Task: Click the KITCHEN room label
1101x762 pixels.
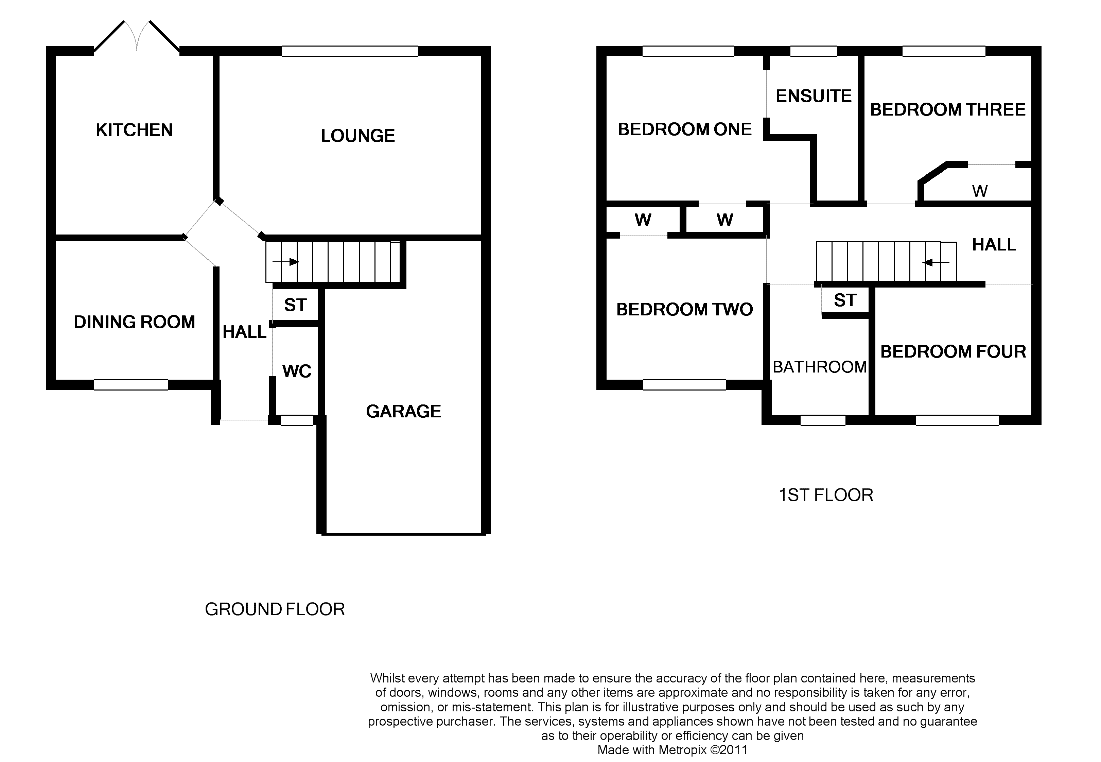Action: tap(134, 130)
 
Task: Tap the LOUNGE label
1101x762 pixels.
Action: tap(358, 136)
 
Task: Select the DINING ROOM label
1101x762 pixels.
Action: tap(135, 322)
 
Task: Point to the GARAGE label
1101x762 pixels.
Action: tap(403, 411)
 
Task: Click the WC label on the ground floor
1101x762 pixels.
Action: tap(297, 371)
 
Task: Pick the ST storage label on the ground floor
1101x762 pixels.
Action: tap(295, 305)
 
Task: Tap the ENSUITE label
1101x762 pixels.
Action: tap(814, 96)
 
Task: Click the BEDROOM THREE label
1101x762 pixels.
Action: tap(948, 109)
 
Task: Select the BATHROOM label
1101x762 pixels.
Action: tap(819, 367)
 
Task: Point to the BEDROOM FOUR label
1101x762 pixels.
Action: tap(953, 351)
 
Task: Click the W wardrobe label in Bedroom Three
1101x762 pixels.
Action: tap(980, 191)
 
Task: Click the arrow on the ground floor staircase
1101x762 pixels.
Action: tap(286, 262)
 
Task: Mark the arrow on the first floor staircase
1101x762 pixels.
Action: tap(936, 262)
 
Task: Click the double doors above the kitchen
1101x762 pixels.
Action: tap(137, 36)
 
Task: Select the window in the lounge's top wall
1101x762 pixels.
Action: tap(350, 51)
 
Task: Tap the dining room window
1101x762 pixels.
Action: tap(131, 385)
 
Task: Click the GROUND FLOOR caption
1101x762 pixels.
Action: tap(275, 609)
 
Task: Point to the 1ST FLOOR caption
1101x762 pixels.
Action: tap(826, 495)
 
